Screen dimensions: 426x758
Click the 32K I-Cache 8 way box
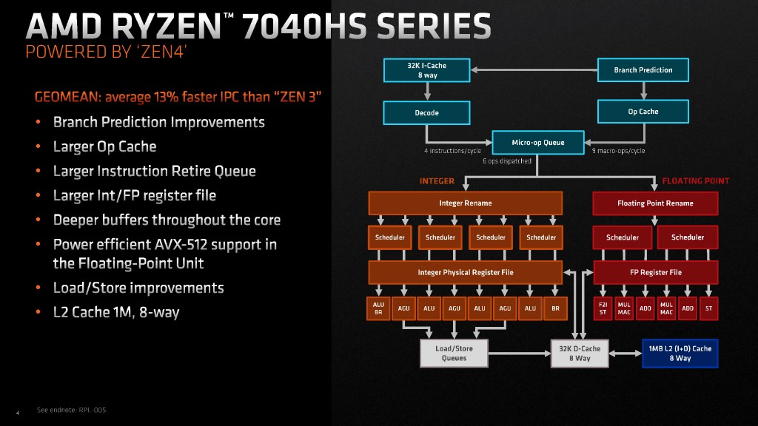426,70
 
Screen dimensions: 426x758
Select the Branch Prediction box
643,70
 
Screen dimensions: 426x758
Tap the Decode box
426,112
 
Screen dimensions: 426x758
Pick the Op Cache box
643,112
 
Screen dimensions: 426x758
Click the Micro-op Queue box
538,142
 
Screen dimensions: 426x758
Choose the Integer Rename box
465,203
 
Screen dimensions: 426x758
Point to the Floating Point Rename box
655,203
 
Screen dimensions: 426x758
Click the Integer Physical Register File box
465,272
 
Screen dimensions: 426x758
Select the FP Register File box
655,272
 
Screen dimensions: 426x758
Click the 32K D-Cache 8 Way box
580,353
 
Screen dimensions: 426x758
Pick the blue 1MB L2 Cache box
680,353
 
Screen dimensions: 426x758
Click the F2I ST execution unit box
603,308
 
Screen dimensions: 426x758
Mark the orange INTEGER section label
437,180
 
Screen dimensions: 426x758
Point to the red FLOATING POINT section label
695,180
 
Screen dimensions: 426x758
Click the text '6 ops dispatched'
506,160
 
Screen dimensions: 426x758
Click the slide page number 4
17,412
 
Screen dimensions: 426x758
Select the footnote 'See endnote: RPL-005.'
72,410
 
